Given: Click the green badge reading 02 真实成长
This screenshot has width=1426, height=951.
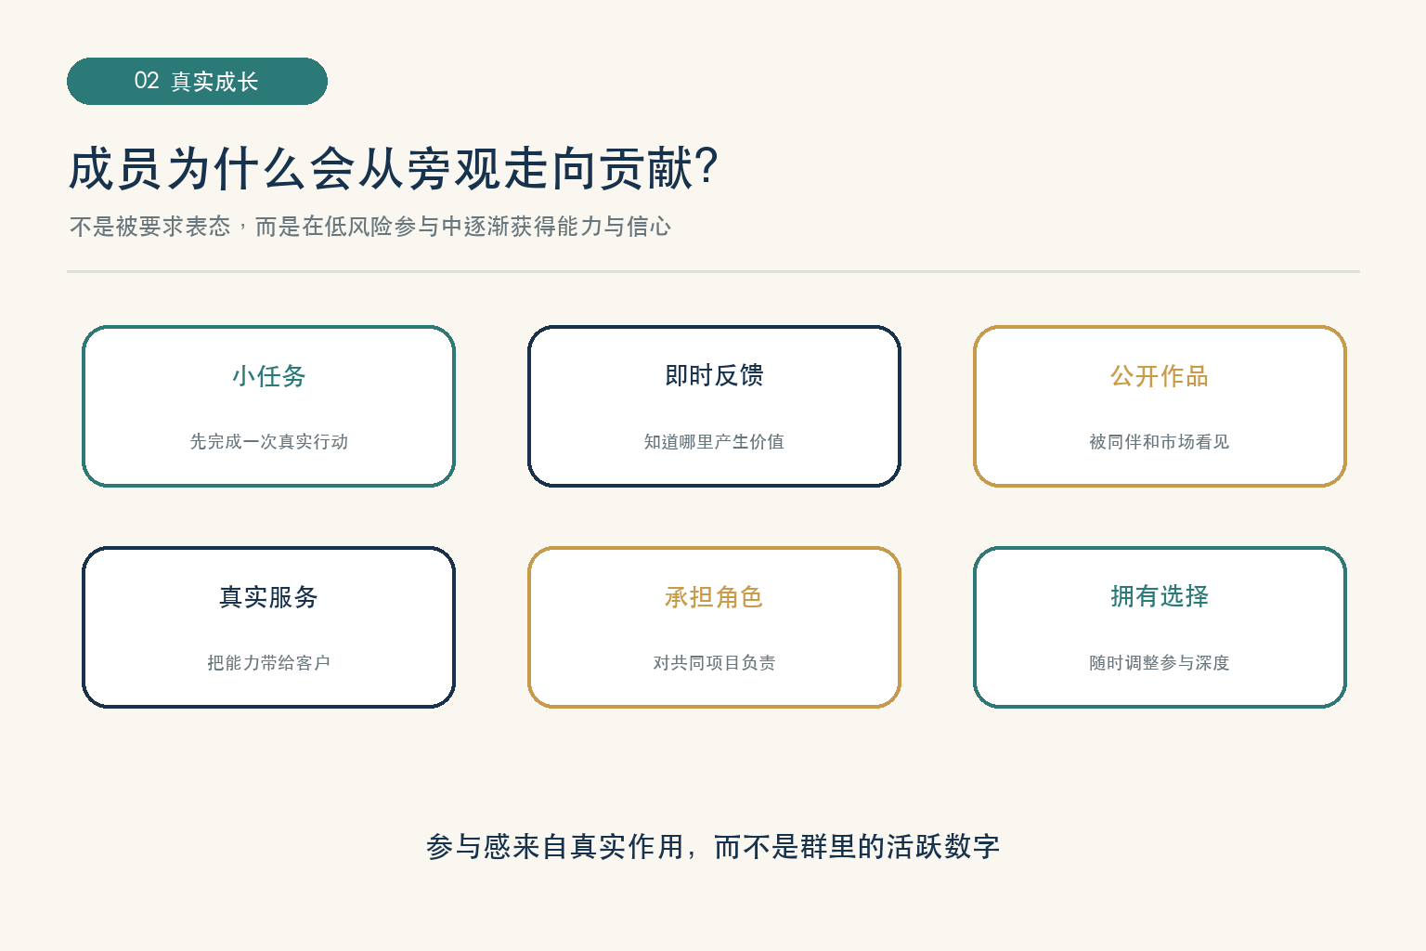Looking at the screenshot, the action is click(197, 82).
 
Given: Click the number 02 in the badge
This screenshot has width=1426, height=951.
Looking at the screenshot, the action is click(147, 81).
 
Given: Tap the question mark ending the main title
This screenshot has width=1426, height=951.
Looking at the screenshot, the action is click(707, 167).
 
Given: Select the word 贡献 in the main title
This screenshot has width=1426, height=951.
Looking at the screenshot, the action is click(645, 169).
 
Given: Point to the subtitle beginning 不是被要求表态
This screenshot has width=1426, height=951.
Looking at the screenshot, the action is click(369, 226).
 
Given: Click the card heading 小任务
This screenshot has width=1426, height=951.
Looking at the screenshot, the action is click(268, 376).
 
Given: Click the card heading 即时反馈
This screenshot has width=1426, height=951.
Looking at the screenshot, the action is click(714, 375).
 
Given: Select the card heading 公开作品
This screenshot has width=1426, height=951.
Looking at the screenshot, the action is click(1160, 376).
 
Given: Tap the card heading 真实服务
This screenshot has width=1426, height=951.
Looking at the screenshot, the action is click(268, 597).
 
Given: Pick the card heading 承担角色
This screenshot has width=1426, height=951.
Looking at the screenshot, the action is click(714, 597).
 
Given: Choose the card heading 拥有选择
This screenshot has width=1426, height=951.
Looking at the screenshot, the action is click(1160, 596).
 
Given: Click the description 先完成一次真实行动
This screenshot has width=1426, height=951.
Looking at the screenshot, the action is click(268, 441).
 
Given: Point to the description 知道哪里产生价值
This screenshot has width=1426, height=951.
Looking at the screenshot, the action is click(714, 441).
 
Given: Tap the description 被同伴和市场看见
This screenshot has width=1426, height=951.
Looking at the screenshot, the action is click(1160, 441).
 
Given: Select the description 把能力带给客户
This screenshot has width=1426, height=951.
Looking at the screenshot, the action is click(268, 662).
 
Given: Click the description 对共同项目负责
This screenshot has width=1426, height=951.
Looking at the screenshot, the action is click(714, 662).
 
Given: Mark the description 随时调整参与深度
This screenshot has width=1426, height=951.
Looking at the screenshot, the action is click(1160, 662).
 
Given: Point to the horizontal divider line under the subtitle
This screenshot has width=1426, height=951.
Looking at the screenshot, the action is click(713, 271).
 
